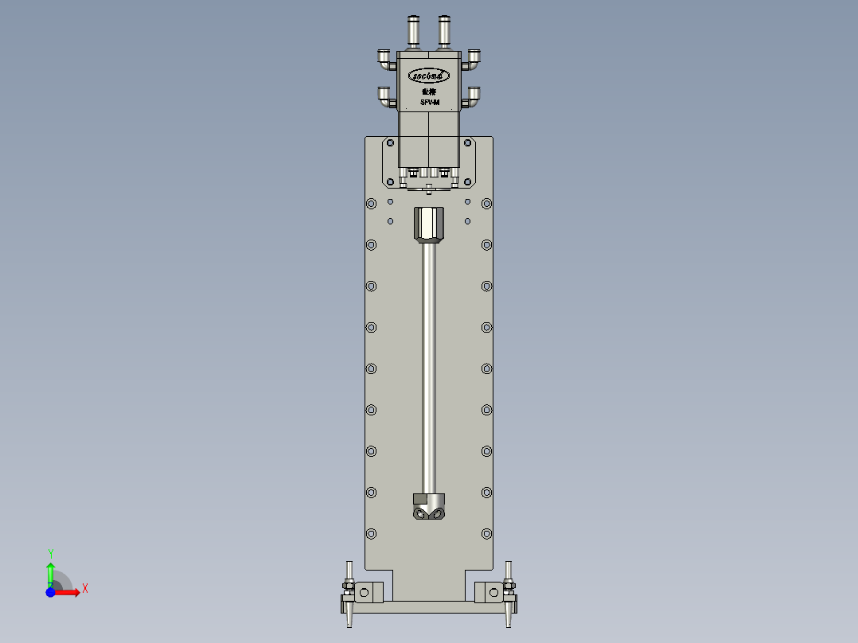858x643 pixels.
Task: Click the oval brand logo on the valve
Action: (x=429, y=76)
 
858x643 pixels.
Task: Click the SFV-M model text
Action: (x=430, y=103)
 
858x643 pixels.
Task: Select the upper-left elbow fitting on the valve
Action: (x=385, y=57)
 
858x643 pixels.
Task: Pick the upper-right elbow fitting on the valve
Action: (x=474, y=57)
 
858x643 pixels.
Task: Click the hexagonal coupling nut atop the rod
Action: (x=429, y=224)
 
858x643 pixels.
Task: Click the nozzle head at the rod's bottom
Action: (x=429, y=507)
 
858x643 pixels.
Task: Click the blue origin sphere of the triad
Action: (x=50, y=592)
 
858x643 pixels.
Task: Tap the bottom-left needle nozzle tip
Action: (x=349, y=620)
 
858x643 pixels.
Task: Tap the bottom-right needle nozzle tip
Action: (x=509, y=620)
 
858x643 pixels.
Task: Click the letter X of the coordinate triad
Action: (x=84, y=588)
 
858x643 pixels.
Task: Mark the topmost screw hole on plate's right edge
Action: (x=486, y=204)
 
